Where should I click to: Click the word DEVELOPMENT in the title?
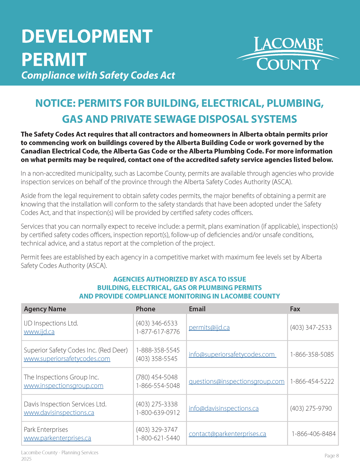pyautogui.click(x=87, y=36)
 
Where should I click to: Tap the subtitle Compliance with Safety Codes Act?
pyautogui.click(x=98, y=75)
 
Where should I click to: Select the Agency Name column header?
pyautogui.click(x=45, y=309)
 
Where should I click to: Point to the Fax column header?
pyautogui.click(x=295, y=309)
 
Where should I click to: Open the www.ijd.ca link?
pyautogui.click(x=39, y=332)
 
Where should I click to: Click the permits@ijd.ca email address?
pyautogui.click(x=209, y=327)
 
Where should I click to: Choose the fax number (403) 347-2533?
pyautogui.click(x=311, y=327)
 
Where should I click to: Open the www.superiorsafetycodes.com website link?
pyautogui.click(x=67, y=359)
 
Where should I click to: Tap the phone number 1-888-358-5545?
pyautogui.click(x=158, y=350)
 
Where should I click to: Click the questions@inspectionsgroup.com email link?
pyautogui.click(x=237, y=381)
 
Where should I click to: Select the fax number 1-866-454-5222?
pyautogui.click(x=312, y=381)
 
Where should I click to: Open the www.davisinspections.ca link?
pyautogui.click(x=59, y=413)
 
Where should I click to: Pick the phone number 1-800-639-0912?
pyautogui.click(x=158, y=413)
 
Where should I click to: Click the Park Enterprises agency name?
pyautogui.click(x=46, y=429)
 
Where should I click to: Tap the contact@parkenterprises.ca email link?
pyautogui.click(x=227, y=434)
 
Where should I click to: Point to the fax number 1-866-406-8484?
pyautogui.click(x=314, y=434)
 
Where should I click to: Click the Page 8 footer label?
pyautogui.click(x=331, y=456)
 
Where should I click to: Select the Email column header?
pyautogui.click(x=197, y=309)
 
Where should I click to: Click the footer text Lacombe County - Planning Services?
pyautogui.click(x=60, y=452)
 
